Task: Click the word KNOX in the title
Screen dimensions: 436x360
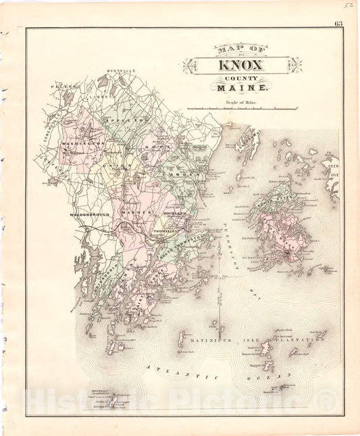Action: (242, 66)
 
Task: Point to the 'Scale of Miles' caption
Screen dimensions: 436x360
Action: (242, 103)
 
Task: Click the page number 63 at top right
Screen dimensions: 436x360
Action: (338, 25)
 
